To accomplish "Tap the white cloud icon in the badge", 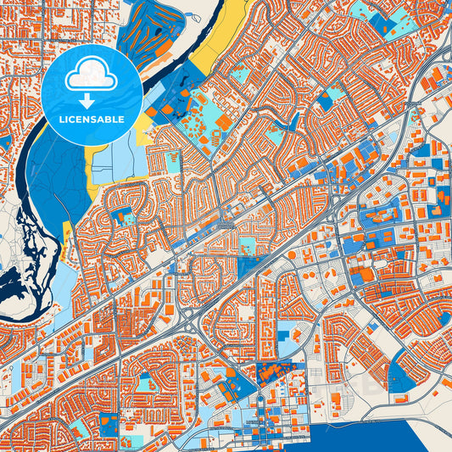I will [x=92, y=76].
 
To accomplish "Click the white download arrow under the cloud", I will [x=92, y=98].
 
